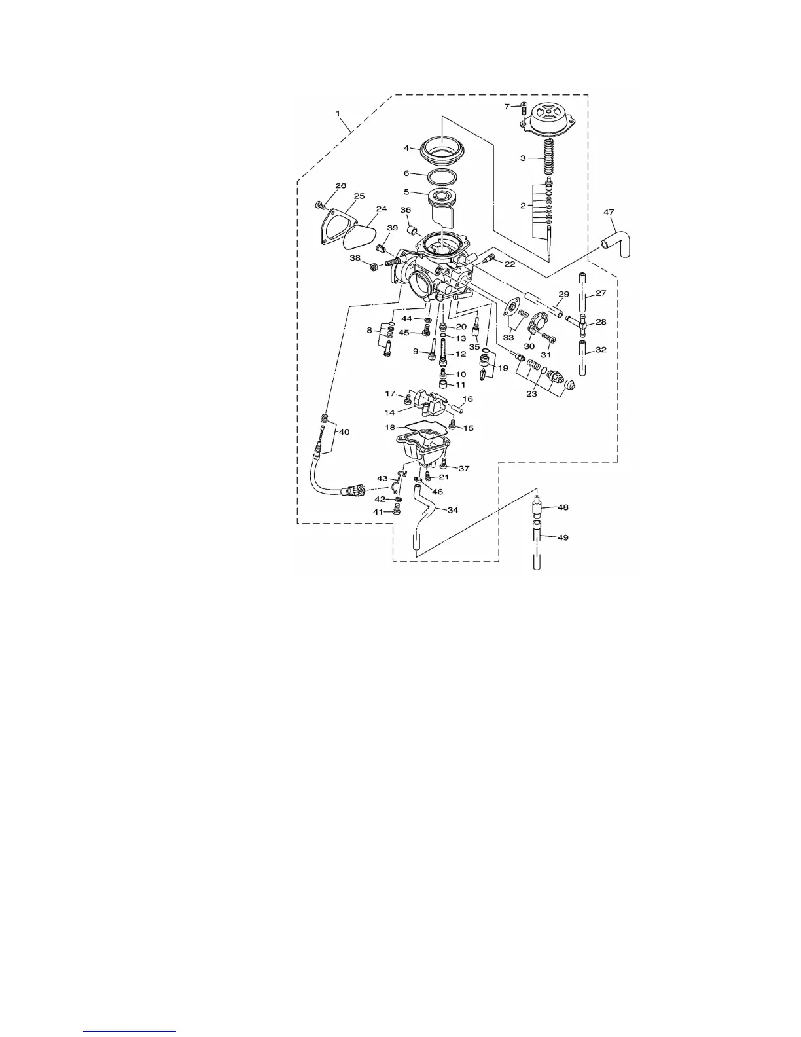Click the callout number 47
click(609, 213)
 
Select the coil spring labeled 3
click(547, 158)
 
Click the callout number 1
click(339, 113)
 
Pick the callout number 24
click(382, 209)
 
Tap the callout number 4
click(406, 148)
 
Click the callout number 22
click(509, 264)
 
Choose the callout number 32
click(601, 350)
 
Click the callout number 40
click(344, 432)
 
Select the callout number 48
click(563, 507)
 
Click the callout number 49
click(563, 537)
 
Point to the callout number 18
click(390, 427)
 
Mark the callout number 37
click(464, 469)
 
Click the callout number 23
click(531, 395)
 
